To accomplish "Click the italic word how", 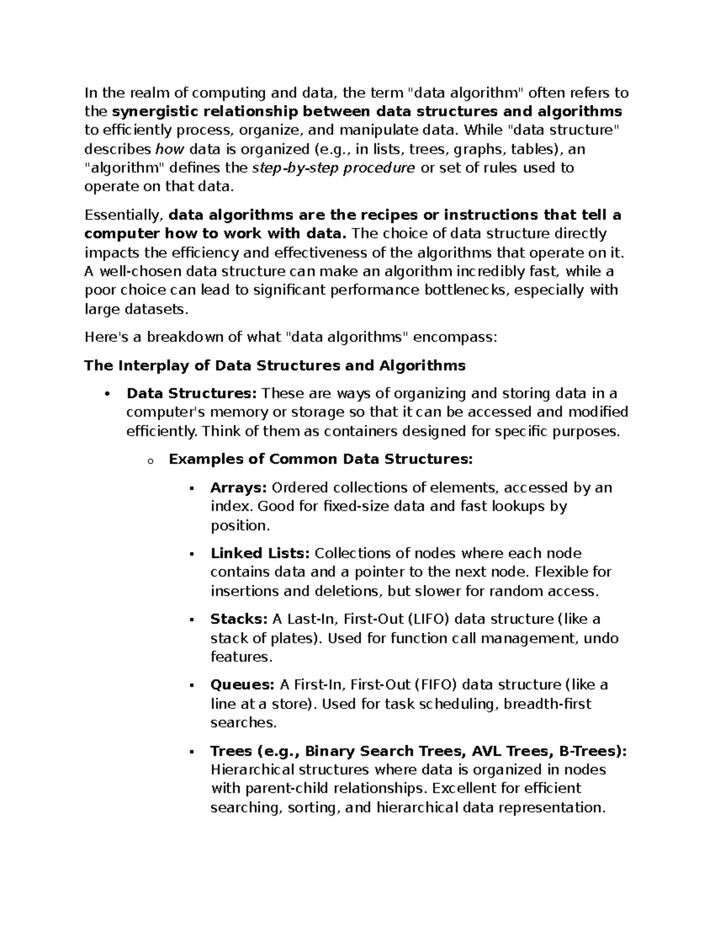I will point(166,149).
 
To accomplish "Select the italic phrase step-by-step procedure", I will point(334,168).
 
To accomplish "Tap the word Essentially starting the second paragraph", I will point(123,215).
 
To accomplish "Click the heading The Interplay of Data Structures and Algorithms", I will point(275,366).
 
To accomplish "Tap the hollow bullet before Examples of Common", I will point(149,461).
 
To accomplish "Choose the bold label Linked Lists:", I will point(260,553).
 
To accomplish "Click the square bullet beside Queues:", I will point(192,686).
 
